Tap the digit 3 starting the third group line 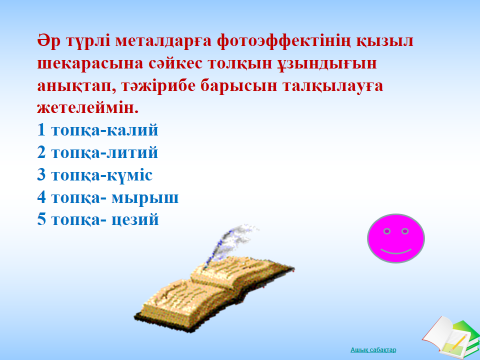(40, 175)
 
